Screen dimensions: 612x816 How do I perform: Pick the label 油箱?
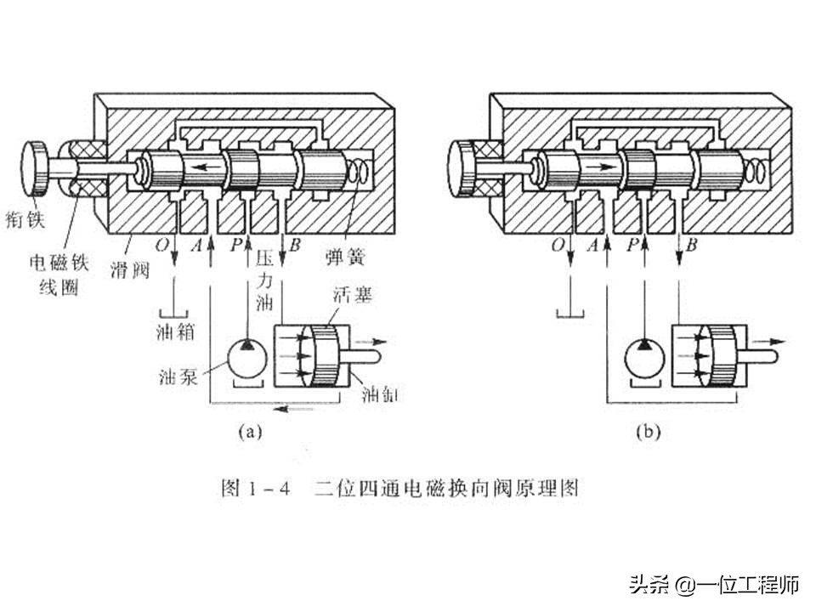[175, 331]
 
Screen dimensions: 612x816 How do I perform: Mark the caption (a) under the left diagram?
[249, 432]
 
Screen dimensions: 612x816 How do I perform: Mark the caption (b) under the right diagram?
[648, 432]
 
